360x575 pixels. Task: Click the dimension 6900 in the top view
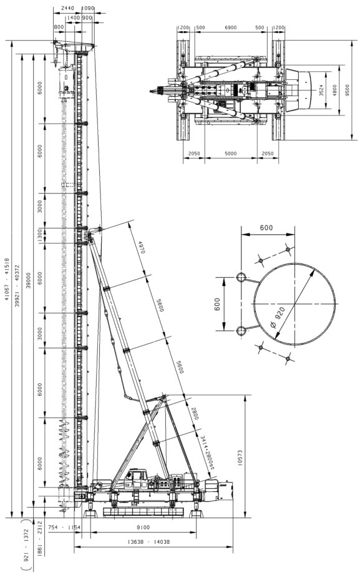point(231,28)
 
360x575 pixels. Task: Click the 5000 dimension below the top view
point(231,153)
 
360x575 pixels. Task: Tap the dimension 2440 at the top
point(67,8)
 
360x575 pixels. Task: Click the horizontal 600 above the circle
point(266,228)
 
